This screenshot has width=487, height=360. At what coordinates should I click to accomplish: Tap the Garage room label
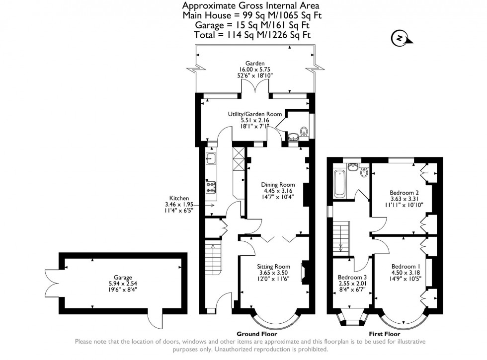pos(122,278)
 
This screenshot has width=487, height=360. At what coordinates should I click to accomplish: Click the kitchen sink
pos(210,158)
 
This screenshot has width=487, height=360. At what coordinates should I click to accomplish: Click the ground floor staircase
pos(214,269)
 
